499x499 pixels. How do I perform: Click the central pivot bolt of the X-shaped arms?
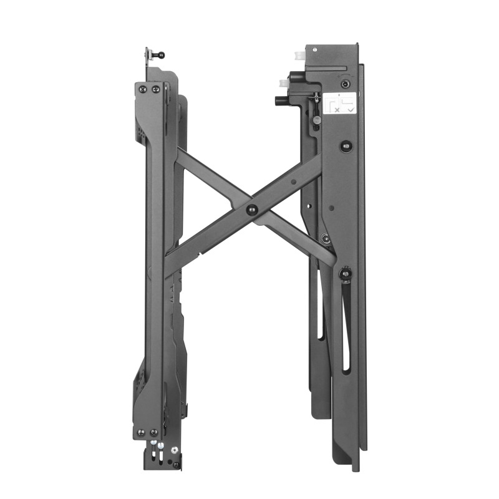coord(252,210)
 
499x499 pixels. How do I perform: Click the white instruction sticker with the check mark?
coord(341,103)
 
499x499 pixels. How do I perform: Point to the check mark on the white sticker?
coord(351,109)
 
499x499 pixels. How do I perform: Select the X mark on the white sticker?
coord(337,109)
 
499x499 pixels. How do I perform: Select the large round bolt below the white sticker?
coord(346,147)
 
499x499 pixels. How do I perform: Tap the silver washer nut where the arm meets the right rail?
coord(325,237)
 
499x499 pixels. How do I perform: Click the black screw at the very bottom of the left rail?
coord(177,464)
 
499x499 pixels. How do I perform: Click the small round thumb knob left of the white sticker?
coord(317,119)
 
